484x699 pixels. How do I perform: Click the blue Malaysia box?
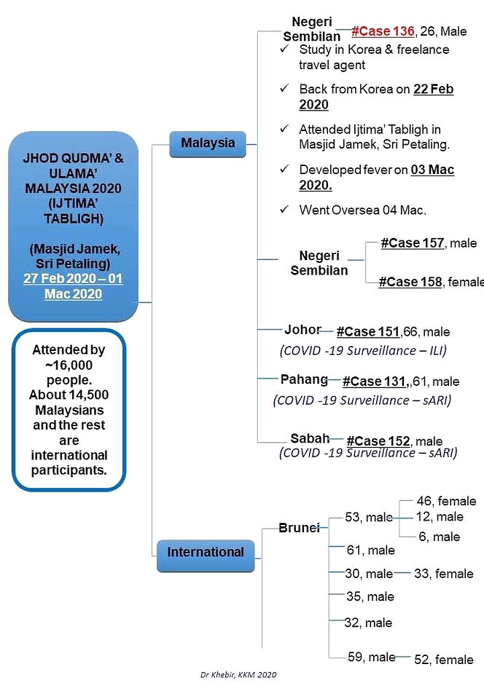[208, 143]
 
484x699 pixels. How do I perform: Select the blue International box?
[206, 553]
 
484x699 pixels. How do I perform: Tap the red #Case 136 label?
[383, 31]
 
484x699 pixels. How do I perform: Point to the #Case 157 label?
[412, 243]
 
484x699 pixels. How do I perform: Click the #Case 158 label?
[410, 282]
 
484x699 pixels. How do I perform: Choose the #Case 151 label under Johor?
[368, 332]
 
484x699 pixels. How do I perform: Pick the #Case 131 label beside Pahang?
[373, 382]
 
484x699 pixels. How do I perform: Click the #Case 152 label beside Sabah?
[378, 441]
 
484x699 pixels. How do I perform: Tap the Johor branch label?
[302, 329]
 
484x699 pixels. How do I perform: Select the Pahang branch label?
[304, 379]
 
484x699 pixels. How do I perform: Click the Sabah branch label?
[310, 438]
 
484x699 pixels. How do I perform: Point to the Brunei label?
[299, 528]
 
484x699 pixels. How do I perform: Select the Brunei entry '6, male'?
[439, 537]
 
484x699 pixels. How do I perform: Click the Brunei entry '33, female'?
[443, 574]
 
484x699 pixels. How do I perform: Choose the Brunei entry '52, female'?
[443, 660]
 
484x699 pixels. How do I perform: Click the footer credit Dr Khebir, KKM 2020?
[238, 675]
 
